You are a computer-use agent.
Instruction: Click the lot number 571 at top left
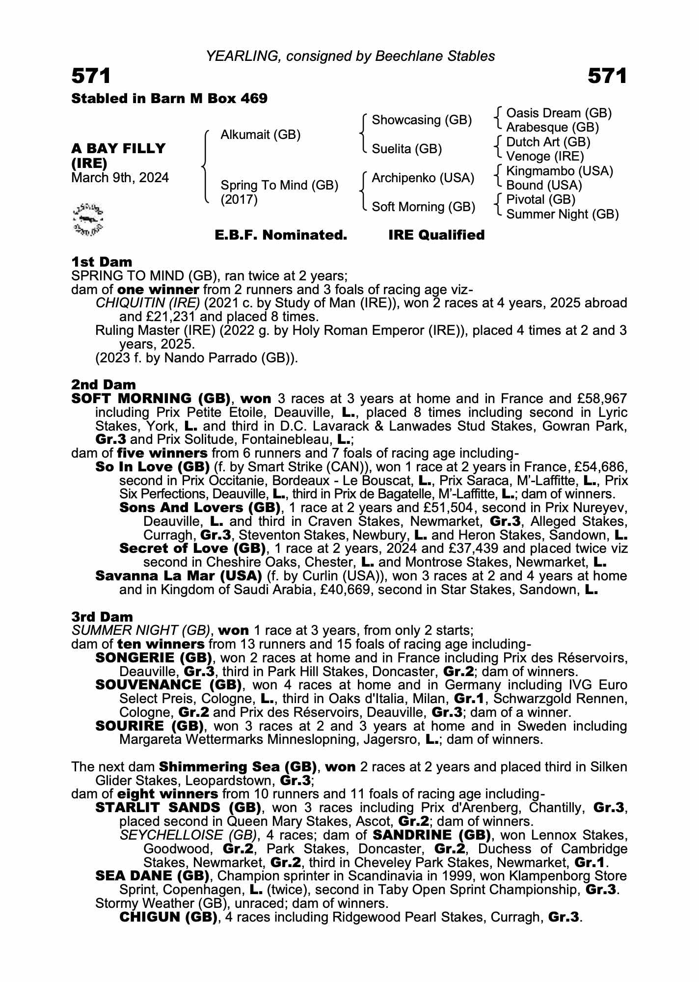pyautogui.click(x=91, y=76)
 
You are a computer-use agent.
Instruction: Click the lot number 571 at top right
pyautogui.click(x=607, y=76)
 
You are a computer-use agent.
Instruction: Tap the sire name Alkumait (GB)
pyautogui.click(x=260, y=135)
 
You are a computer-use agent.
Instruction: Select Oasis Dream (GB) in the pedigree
pyautogui.click(x=559, y=113)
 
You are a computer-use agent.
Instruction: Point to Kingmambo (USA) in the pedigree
pyautogui.click(x=560, y=171)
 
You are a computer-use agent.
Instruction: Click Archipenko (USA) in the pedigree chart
pyautogui.click(x=423, y=178)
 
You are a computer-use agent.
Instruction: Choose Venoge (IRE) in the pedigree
pyautogui.click(x=545, y=156)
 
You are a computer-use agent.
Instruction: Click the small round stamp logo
pyautogui.click(x=88, y=218)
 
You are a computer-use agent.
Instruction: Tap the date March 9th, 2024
pyautogui.click(x=120, y=177)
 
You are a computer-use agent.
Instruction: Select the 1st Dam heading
pyautogui.click(x=102, y=262)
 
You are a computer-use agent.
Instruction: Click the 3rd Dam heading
pyautogui.click(x=102, y=617)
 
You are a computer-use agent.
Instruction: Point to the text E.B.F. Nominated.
pyautogui.click(x=281, y=235)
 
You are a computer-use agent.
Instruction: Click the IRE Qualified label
pyautogui.click(x=436, y=235)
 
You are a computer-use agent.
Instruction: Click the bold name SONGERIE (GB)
pyautogui.click(x=153, y=658)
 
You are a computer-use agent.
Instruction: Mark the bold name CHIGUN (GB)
pyautogui.click(x=168, y=917)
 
